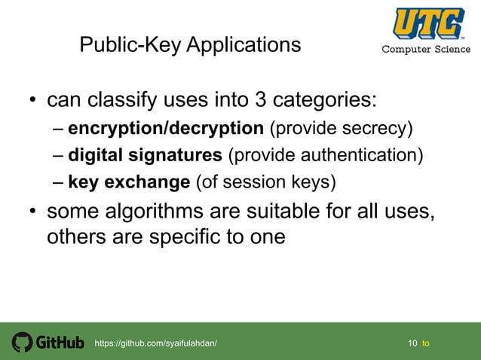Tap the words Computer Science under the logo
click(x=426, y=50)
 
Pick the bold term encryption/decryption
click(x=166, y=128)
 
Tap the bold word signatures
click(x=179, y=156)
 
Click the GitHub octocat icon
click(x=23, y=343)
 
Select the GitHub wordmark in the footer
click(x=60, y=343)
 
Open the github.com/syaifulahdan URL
click(x=155, y=343)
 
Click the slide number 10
click(x=412, y=343)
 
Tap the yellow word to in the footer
click(x=426, y=343)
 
